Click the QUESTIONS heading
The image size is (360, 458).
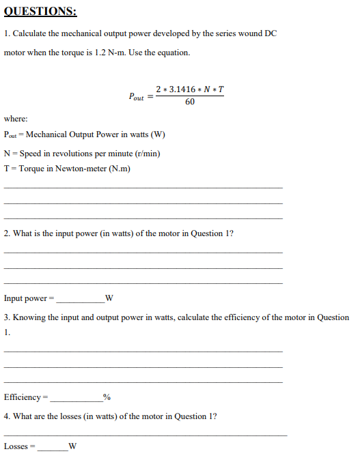click(40, 12)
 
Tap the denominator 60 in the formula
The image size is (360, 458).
click(189, 102)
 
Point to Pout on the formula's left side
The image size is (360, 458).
click(136, 96)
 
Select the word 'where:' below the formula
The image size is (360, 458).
click(16, 118)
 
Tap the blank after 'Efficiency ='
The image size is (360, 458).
click(75, 397)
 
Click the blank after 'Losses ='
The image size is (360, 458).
click(52, 446)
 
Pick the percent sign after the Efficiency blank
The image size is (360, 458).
click(106, 397)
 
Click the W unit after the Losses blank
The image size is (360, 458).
click(72, 446)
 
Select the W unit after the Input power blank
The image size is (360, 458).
click(109, 298)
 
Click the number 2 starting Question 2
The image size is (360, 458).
click(6, 233)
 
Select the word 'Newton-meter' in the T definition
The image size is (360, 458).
click(83, 169)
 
